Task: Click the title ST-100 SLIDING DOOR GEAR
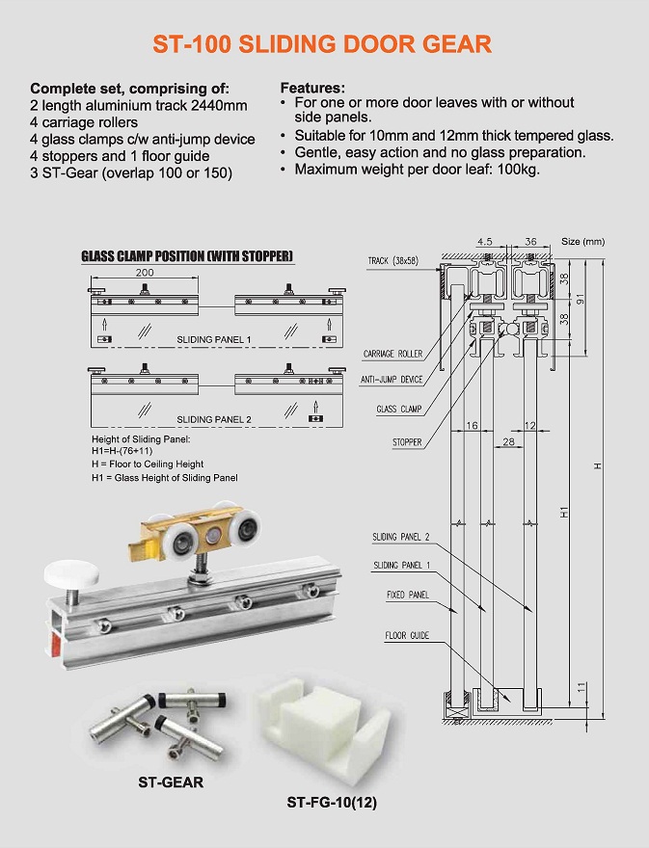(x=324, y=44)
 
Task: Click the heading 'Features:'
(x=311, y=87)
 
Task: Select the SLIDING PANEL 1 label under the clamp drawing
(x=213, y=340)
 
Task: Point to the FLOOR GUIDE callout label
(x=407, y=636)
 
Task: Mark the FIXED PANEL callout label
(x=408, y=596)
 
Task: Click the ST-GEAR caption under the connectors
(x=171, y=782)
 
